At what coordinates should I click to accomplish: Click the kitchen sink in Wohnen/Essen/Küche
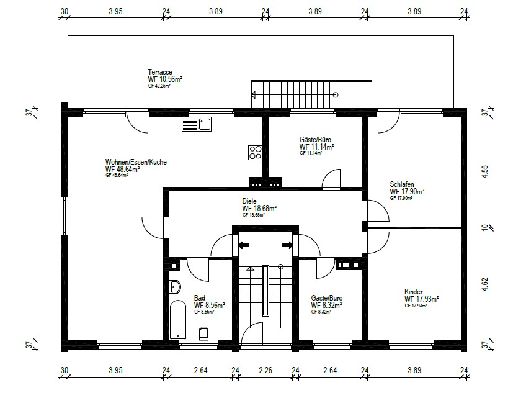click(x=197, y=124)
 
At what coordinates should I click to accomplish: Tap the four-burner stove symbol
click(x=255, y=152)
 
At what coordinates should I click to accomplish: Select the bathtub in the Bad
click(x=178, y=319)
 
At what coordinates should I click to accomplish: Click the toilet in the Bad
click(x=204, y=333)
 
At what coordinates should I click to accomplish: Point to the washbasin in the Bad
click(x=175, y=287)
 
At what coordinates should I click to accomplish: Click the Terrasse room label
click(x=160, y=72)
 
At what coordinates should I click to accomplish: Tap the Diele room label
click(x=249, y=201)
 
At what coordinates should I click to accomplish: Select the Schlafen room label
click(x=402, y=184)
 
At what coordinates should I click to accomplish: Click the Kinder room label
click(x=413, y=291)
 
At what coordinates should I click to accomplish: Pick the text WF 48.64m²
click(x=122, y=170)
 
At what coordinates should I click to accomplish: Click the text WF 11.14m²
click(x=316, y=147)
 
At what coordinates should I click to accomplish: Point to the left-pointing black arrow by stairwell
click(x=244, y=245)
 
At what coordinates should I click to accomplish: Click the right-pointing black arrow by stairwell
click(x=287, y=245)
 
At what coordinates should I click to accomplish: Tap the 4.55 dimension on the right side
click(x=484, y=172)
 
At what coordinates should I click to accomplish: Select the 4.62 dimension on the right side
click(x=484, y=284)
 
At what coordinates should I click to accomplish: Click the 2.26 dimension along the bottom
click(x=265, y=370)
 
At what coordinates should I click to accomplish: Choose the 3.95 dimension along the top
click(x=115, y=11)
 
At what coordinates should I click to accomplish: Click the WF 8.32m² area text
click(x=326, y=306)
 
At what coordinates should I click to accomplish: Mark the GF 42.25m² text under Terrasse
click(x=159, y=86)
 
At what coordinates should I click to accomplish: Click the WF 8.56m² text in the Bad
click(x=210, y=305)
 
